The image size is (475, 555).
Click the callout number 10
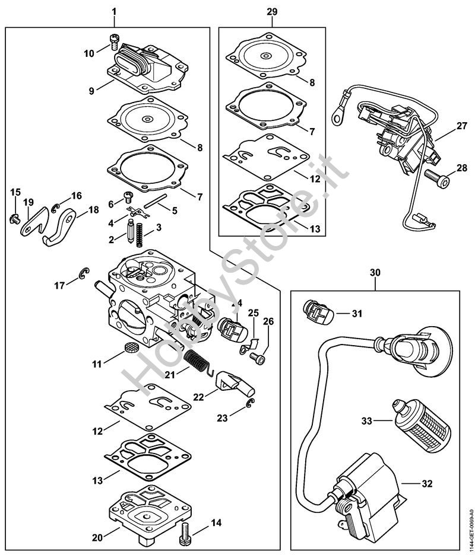(88, 53)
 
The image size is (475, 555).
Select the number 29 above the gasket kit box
(272, 12)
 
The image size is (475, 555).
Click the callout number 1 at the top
(114, 12)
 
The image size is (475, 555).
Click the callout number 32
(426, 483)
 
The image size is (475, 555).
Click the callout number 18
(94, 210)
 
